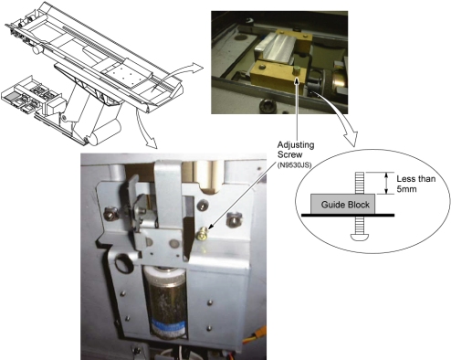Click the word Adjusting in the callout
pyautogui.click(x=296, y=145)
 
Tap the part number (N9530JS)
pyautogui.click(x=294, y=165)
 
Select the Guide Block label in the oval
pyautogui.click(x=345, y=205)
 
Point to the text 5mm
pyautogui.click(x=406, y=189)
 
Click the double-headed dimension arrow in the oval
pyautogui.click(x=386, y=183)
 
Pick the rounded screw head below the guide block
pyautogui.click(x=360, y=237)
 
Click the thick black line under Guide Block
pyautogui.click(x=348, y=215)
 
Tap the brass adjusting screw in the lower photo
pyautogui.click(x=202, y=235)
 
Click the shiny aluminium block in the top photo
pyautogui.click(x=275, y=48)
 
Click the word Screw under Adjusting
pyautogui.click(x=289, y=154)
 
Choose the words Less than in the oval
pyautogui.click(x=415, y=178)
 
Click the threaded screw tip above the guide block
pyautogui.click(x=360, y=183)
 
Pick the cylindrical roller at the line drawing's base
pyautogui.click(x=103, y=132)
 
